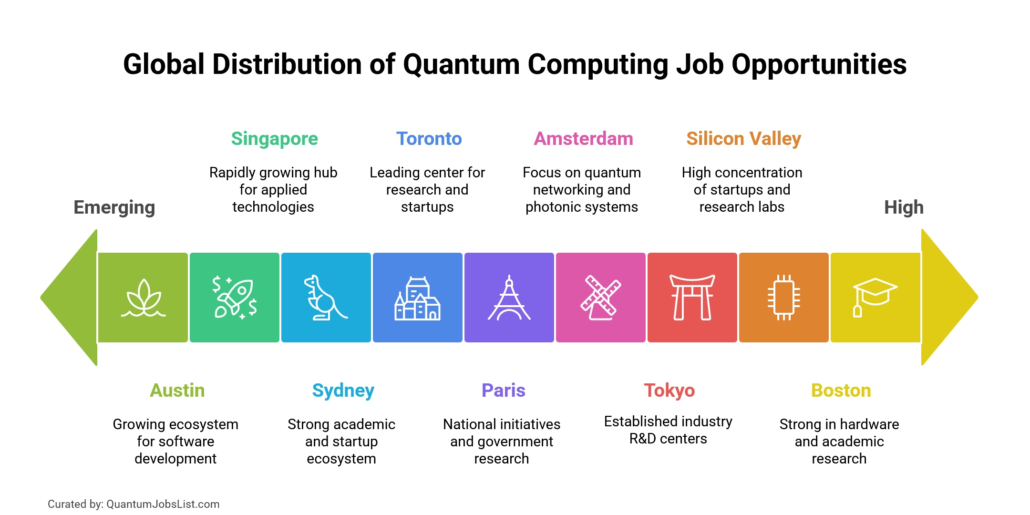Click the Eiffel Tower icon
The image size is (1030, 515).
[x=509, y=298]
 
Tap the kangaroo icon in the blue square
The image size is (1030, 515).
[x=325, y=298]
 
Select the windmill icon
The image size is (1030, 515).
[x=600, y=298]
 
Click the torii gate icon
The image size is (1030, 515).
[x=692, y=298]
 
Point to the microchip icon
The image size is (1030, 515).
[x=783, y=298]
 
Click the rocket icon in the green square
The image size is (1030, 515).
[x=235, y=298]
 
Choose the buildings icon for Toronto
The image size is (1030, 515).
[x=417, y=299]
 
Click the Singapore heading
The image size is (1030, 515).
[x=274, y=139]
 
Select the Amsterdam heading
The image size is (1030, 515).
[x=583, y=139]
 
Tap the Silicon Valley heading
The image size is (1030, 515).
[x=743, y=139]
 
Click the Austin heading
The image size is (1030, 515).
[x=177, y=391]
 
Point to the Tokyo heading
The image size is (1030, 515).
[x=669, y=391]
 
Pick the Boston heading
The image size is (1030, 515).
[x=841, y=391]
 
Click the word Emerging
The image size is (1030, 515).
[x=114, y=207]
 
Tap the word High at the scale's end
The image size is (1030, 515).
[x=904, y=207]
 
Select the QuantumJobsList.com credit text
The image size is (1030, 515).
[x=163, y=504]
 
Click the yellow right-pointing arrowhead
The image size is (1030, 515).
[x=947, y=298]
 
